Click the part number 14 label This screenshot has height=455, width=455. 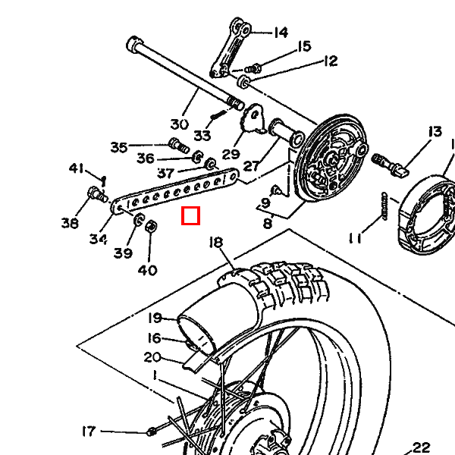click(281, 33)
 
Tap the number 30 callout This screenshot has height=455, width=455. click(179, 124)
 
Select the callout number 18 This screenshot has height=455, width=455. click(216, 243)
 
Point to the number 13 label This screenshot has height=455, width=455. click(434, 132)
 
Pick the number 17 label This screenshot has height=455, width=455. click(89, 431)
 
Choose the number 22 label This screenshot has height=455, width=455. click(421, 447)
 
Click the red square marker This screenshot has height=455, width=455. click(190, 217)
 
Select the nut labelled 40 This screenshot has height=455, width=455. click(150, 226)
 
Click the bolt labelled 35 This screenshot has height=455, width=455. click(176, 144)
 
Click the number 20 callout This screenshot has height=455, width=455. click(152, 357)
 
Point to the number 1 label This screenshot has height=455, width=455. click(155, 375)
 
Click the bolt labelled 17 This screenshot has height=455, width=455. click(151, 432)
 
